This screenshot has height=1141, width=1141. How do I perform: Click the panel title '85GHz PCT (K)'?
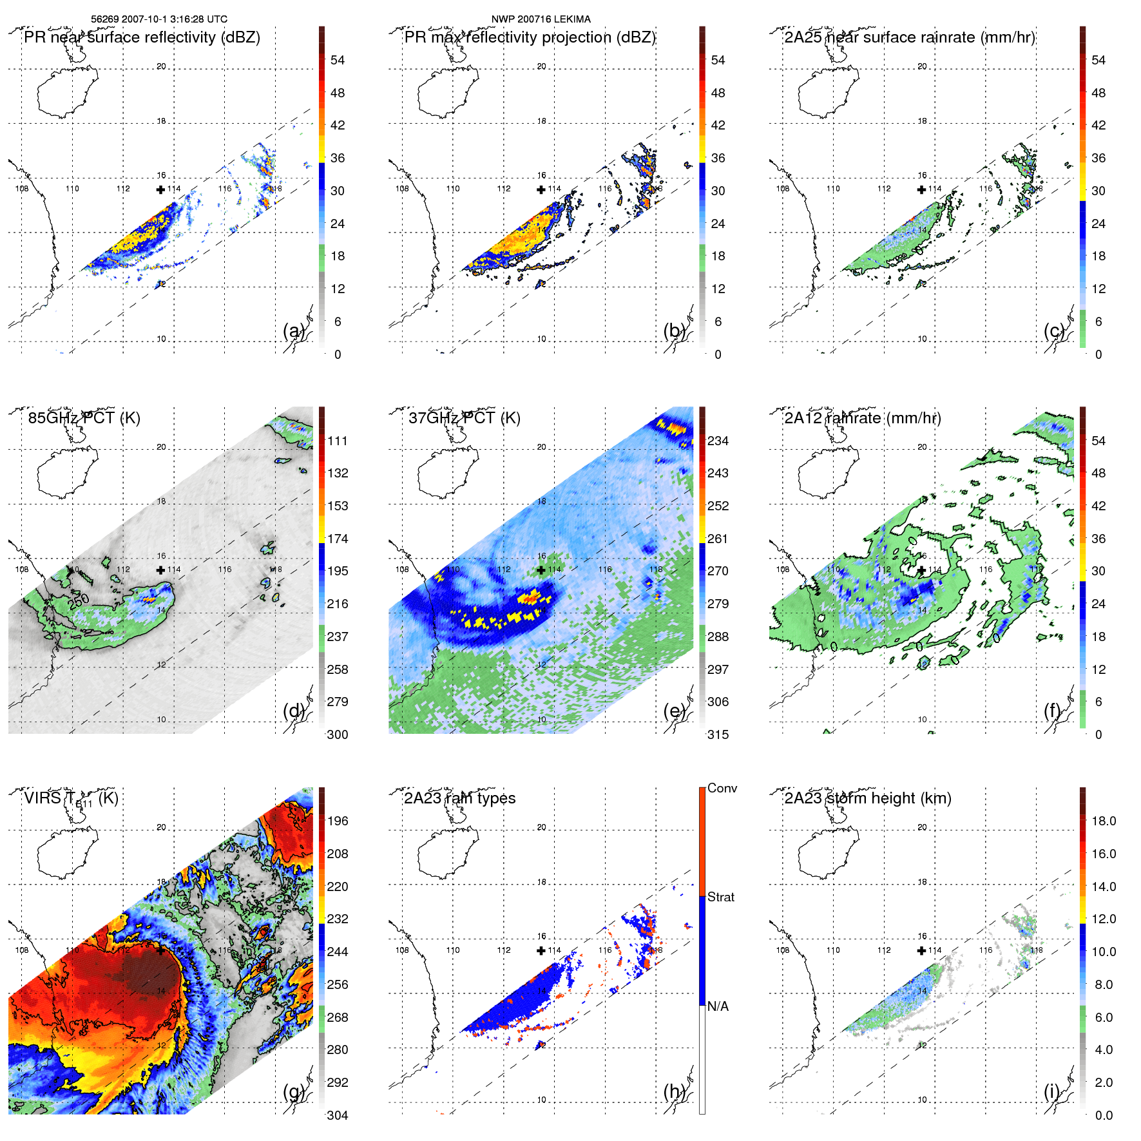click(x=84, y=418)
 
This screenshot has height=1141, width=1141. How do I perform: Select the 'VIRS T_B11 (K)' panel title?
click(x=71, y=799)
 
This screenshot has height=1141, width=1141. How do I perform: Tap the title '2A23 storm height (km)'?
click(x=868, y=798)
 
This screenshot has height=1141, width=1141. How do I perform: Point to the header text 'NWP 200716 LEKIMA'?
click(x=541, y=19)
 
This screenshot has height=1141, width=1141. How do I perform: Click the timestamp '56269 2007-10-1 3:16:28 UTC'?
click(x=158, y=19)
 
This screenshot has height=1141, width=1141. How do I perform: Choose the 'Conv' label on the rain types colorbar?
click(x=722, y=789)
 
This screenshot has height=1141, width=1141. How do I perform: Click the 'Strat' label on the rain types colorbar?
click(x=720, y=897)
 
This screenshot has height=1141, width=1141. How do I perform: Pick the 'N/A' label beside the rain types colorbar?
click(x=718, y=1006)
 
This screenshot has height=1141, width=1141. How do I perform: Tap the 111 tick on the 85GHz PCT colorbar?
click(x=338, y=441)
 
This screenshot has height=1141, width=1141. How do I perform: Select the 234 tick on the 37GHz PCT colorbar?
click(x=718, y=441)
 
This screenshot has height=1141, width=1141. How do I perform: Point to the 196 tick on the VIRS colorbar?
click(x=338, y=821)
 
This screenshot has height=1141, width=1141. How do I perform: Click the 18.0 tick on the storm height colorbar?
click(x=1104, y=821)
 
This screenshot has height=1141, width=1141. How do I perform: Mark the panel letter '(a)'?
click(x=294, y=331)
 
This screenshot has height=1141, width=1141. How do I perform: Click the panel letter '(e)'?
click(x=674, y=711)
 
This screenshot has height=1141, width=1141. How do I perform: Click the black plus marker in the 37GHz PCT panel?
click(x=541, y=570)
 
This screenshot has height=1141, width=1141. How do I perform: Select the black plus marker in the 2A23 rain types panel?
click(x=541, y=950)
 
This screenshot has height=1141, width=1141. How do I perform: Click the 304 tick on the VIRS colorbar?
click(x=338, y=1115)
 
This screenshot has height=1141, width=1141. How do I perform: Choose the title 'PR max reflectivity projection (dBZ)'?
click(x=530, y=37)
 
